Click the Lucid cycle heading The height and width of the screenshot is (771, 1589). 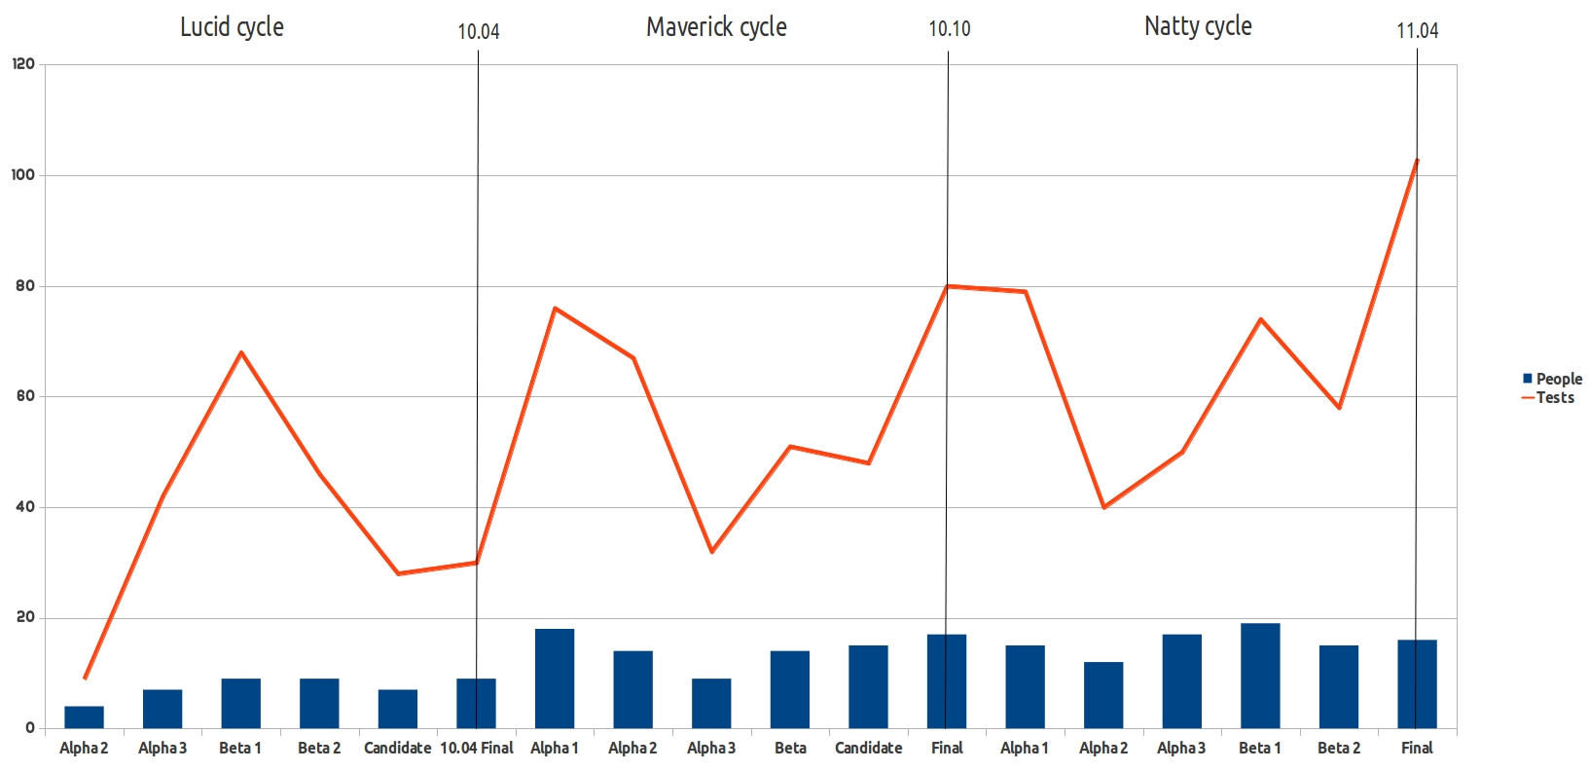[232, 27]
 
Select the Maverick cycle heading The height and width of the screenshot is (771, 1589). [716, 27]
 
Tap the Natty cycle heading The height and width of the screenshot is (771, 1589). [1198, 26]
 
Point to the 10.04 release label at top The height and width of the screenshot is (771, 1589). [478, 32]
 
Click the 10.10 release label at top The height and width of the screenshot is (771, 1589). [949, 29]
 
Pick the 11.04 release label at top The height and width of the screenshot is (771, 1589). [1417, 31]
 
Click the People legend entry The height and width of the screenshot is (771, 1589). [1558, 379]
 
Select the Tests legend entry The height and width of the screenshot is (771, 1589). [1554, 397]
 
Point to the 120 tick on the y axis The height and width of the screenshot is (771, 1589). [23, 64]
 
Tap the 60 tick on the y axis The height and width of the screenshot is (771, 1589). [25, 396]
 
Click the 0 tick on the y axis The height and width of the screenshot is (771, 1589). [30, 728]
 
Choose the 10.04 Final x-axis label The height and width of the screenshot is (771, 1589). [477, 748]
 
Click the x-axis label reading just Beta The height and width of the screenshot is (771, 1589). [790, 748]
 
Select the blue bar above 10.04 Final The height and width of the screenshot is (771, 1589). [476, 703]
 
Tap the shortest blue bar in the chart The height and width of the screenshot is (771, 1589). [84, 717]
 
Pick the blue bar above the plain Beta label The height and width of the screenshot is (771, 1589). [789, 689]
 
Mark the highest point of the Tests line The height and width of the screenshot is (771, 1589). [1417, 160]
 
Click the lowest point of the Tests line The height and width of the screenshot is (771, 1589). [85, 678]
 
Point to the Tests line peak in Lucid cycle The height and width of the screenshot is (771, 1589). [241, 352]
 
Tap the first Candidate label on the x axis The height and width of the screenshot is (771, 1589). [397, 748]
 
